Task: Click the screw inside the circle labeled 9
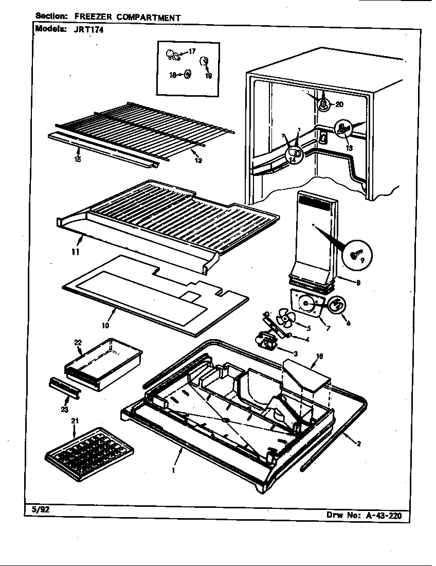click(x=355, y=254)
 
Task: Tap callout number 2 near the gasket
click(x=358, y=444)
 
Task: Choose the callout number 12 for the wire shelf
click(x=198, y=161)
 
